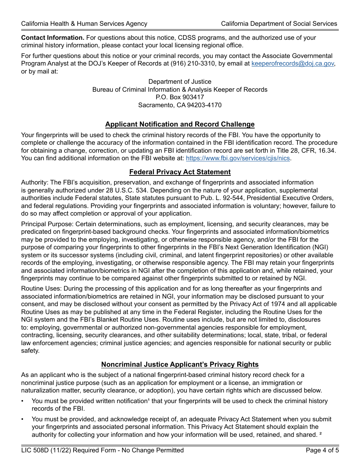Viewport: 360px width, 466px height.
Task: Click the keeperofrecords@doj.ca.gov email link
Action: [293, 64]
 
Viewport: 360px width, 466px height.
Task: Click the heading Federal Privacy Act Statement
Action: [180, 172]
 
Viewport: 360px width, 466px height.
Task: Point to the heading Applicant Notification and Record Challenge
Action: [180, 124]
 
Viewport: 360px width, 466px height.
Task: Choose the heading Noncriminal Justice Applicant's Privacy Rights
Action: [180, 364]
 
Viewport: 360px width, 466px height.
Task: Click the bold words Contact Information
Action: [53, 38]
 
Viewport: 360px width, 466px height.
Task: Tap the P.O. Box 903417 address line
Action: [180, 97]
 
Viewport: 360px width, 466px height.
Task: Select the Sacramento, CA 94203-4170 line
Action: [180, 105]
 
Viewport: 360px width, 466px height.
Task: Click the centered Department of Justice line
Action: [180, 82]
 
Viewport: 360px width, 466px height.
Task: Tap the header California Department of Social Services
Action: [279, 23]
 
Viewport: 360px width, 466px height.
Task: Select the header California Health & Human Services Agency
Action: [84, 23]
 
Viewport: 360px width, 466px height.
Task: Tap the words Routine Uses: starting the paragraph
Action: [41, 289]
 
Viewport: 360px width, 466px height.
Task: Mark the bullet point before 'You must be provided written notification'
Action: [23, 401]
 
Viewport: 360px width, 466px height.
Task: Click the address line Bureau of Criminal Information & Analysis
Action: [180, 89]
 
